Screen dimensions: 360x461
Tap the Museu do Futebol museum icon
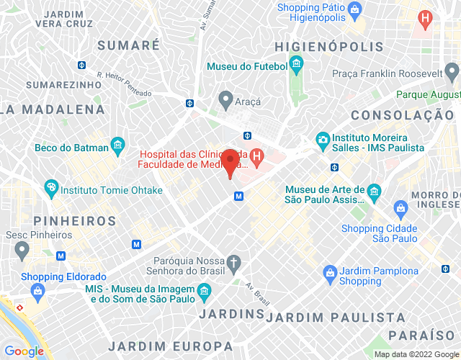(297, 66)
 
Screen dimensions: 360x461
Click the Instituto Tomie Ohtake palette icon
(51, 190)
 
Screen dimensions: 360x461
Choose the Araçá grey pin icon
(225, 99)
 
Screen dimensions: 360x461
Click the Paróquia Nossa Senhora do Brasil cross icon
(233, 264)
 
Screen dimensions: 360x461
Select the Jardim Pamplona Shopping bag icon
(330, 271)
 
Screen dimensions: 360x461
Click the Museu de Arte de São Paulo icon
(374, 191)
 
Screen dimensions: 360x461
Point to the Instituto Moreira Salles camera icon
(323, 138)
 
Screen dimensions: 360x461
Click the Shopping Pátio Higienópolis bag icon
(354, 9)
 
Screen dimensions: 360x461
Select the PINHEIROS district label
(58, 220)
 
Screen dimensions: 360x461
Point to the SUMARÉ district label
(128, 45)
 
